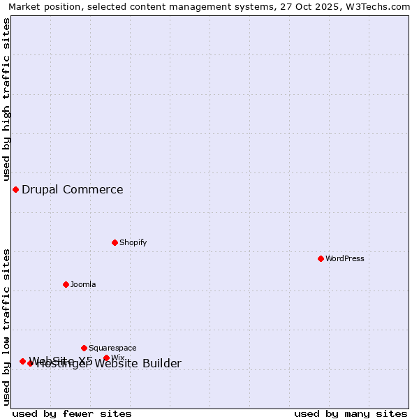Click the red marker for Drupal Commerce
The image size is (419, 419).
click(x=15, y=189)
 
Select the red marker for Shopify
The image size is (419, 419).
click(x=115, y=242)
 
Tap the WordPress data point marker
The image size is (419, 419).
click(x=321, y=258)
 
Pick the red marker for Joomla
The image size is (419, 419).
click(x=66, y=284)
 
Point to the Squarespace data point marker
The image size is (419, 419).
click(x=84, y=348)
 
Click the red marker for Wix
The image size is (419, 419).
click(x=106, y=358)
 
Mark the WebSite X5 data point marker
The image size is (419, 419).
click(x=22, y=361)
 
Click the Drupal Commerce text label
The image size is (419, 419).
click(x=72, y=189)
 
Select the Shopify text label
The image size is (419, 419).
click(x=133, y=242)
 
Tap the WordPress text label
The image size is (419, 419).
click(x=344, y=258)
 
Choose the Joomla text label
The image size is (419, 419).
click(x=82, y=284)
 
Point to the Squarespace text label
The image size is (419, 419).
click(x=112, y=348)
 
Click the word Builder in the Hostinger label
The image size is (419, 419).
click(x=161, y=363)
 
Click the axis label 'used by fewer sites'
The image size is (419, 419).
click(x=72, y=413)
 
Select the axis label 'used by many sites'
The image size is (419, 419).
click(x=350, y=413)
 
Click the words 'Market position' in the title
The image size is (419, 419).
click(x=41, y=7)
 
